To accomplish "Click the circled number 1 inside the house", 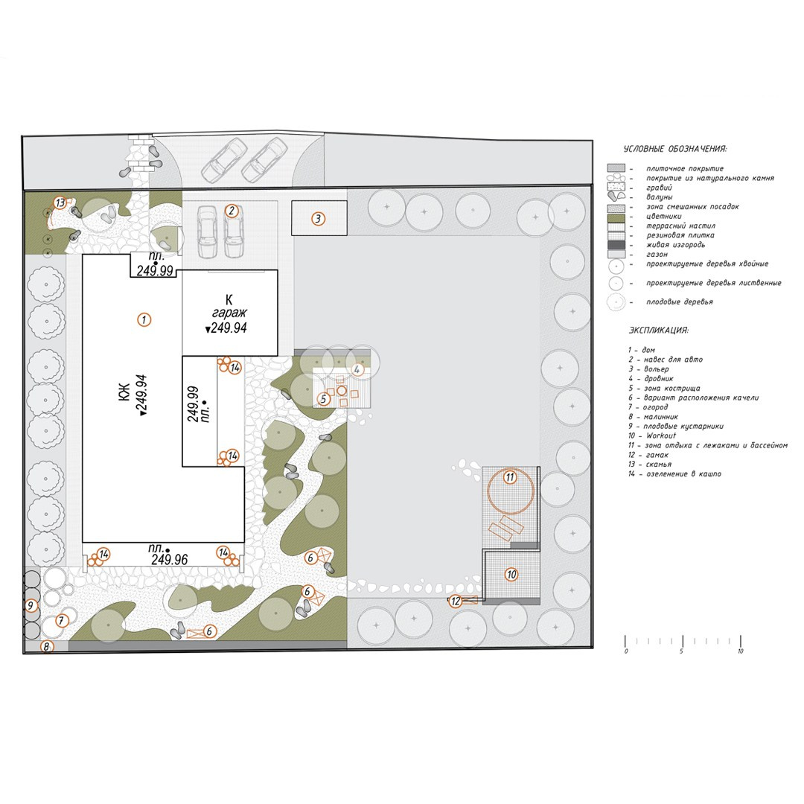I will tap(144, 319).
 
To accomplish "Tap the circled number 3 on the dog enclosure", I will tap(317, 219).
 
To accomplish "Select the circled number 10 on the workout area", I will tap(511, 574).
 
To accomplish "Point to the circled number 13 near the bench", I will tap(60, 202).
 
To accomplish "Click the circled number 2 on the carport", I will tap(232, 211).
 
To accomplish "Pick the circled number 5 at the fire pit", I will tap(324, 399).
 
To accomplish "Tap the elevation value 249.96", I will tap(169, 560).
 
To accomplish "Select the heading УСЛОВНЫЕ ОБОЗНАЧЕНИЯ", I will tap(674, 149).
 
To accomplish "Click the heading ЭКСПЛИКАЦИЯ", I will tap(658, 329).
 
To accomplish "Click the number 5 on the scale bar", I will tap(681, 651).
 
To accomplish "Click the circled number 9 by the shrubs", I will tap(31, 606).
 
